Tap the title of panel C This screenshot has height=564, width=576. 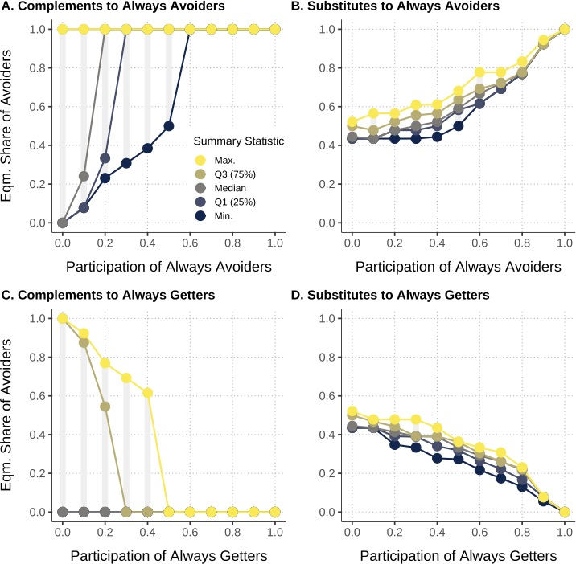coord(112,296)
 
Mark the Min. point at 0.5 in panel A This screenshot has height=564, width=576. coord(169,126)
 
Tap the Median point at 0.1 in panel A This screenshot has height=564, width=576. coord(84,176)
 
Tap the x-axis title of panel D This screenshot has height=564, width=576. coord(459,554)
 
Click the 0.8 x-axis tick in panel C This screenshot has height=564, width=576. coord(232,530)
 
